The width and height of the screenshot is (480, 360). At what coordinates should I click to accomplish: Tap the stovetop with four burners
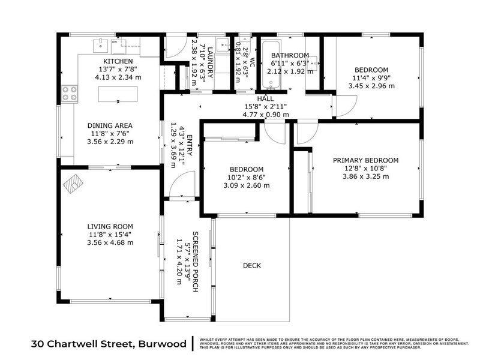click(70, 93)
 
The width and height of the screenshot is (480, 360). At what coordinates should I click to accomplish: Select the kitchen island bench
click(118, 94)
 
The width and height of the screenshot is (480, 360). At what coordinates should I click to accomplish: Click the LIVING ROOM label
click(110, 227)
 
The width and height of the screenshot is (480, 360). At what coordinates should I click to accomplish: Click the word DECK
click(252, 265)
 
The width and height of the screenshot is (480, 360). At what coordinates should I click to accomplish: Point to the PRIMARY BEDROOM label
click(366, 160)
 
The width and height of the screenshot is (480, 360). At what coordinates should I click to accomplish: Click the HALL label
click(265, 98)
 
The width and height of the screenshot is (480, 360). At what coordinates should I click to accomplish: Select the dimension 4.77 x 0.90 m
click(265, 114)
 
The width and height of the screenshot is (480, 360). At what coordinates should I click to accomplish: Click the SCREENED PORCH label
click(195, 261)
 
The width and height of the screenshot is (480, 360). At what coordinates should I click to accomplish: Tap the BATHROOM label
click(290, 56)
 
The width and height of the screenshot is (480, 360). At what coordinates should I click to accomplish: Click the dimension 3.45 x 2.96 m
click(371, 86)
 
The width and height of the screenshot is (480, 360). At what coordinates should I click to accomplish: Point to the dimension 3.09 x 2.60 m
click(247, 185)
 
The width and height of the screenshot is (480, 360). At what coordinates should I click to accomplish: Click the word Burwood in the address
click(162, 344)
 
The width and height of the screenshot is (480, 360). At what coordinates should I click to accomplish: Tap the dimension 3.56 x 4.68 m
click(110, 243)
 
